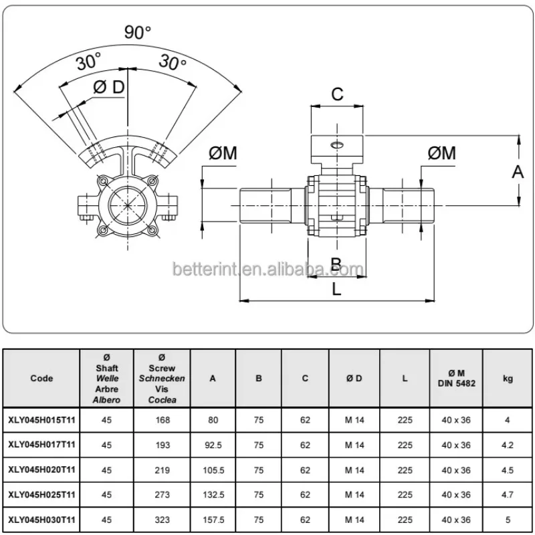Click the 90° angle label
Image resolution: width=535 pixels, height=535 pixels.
pyautogui.click(x=137, y=32)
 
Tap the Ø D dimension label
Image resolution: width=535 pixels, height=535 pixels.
pyautogui.click(x=108, y=88)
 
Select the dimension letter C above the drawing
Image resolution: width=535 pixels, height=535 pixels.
pyautogui.click(x=338, y=94)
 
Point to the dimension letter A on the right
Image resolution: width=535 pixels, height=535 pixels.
pyautogui.click(x=518, y=172)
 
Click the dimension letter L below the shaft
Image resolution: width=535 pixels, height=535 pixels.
pyautogui.click(x=337, y=290)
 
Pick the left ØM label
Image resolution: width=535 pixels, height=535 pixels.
pyautogui.click(x=223, y=153)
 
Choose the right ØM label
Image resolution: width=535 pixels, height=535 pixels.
pyautogui.click(x=441, y=153)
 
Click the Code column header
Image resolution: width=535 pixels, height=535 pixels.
pyautogui.click(x=41, y=378)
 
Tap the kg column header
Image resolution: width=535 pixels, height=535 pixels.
pyautogui.click(x=508, y=378)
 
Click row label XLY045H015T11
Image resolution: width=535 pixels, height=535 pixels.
pyautogui.click(x=41, y=420)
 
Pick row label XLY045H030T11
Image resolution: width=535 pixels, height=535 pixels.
pyautogui.click(x=41, y=519)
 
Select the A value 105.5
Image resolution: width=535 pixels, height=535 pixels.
pyautogui.click(x=213, y=469)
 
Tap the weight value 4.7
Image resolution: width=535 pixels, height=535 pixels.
pyautogui.click(x=508, y=494)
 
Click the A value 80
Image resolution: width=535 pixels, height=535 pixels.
pyautogui.click(x=213, y=420)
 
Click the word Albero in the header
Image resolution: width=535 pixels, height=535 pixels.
pyautogui.click(x=106, y=400)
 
